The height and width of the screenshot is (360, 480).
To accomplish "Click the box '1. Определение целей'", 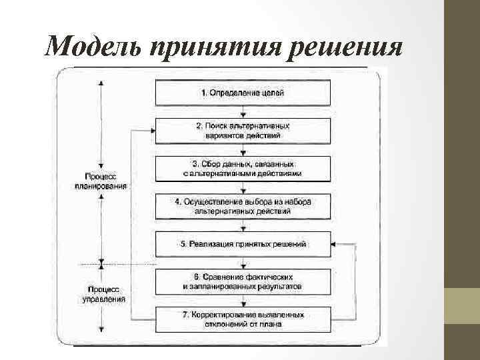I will click(243, 93).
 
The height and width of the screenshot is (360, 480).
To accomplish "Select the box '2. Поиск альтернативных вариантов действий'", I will click(243, 130).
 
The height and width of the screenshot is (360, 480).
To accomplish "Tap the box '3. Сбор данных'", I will click(243, 168).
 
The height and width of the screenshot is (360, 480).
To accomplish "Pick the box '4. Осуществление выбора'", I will click(243, 206).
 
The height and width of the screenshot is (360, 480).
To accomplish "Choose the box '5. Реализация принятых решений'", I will click(243, 244).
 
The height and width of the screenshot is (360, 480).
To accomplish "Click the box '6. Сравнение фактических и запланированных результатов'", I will click(243, 281).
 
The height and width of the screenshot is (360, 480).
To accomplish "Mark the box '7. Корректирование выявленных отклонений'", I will click(243, 319).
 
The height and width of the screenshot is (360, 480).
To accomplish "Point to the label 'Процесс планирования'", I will click(101, 181).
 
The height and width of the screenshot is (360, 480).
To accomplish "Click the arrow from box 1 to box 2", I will click(243, 112).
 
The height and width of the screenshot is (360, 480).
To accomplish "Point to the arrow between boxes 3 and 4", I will click(243, 187).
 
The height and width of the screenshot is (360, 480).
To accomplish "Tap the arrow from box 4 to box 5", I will click(243, 225).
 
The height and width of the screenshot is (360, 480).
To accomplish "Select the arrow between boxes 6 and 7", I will click(243, 300).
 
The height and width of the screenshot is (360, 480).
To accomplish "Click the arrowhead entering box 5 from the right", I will click(334, 244).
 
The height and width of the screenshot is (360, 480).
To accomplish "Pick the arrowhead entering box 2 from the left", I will click(152, 130).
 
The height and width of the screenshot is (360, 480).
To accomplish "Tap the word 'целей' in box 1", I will click(273, 93).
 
